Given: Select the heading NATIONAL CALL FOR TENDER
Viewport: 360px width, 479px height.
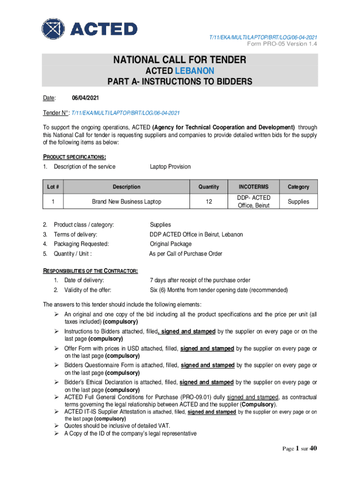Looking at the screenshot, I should pyautogui.click(x=180, y=60).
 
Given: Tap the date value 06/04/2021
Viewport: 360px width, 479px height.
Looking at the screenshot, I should pyautogui.click(x=85, y=98).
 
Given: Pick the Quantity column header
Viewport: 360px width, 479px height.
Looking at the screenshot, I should pyautogui.click(x=209, y=187).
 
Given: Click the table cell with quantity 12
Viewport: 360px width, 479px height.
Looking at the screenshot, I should pyautogui.click(x=209, y=202).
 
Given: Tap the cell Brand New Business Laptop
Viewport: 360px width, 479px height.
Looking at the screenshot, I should pyautogui.click(x=127, y=202).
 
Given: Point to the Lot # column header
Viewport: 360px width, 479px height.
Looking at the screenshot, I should pyautogui.click(x=53, y=187).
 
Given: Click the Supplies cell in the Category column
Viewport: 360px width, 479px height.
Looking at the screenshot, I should pyautogui.click(x=298, y=202).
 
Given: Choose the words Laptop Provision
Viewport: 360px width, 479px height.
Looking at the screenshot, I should pyautogui.click(x=170, y=167).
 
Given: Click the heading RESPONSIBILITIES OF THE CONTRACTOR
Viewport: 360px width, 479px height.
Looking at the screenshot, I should pyautogui.click(x=90, y=271).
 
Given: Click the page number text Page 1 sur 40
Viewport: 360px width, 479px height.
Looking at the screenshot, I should pyautogui.click(x=300, y=449).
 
